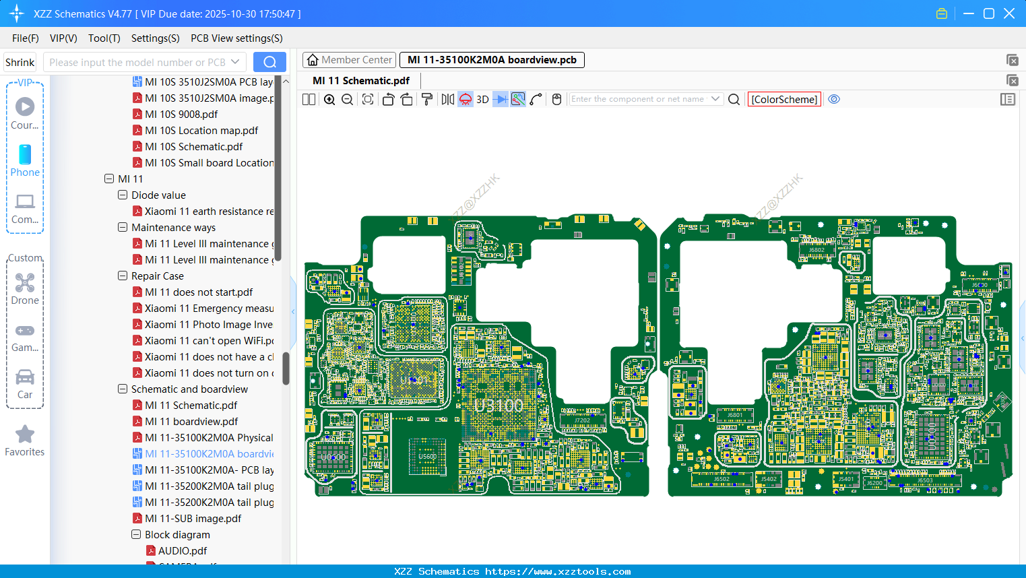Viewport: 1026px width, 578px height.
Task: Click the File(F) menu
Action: pos(26,38)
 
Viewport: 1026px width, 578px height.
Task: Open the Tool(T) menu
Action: pos(104,38)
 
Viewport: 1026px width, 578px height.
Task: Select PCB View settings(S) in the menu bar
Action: pos(236,38)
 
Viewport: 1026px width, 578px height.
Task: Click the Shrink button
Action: pos(20,63)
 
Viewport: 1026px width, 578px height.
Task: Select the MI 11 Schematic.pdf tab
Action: pos(361,81)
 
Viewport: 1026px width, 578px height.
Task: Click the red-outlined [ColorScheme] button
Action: pos(784,100)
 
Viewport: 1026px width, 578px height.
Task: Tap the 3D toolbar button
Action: pos(482,100)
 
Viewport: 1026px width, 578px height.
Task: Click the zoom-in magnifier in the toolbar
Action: pos(329,100)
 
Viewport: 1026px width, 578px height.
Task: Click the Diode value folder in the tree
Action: pos(158,195)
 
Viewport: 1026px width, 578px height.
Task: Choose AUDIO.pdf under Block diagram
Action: pos(183,551)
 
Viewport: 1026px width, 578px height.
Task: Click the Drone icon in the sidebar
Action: pos(25,284)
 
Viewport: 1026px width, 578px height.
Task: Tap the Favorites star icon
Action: pos(25,435)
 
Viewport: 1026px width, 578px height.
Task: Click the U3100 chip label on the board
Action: pos(499,406)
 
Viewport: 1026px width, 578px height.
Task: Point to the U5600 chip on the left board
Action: pos(428,456)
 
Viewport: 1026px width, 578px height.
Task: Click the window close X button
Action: pos(1008,13)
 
